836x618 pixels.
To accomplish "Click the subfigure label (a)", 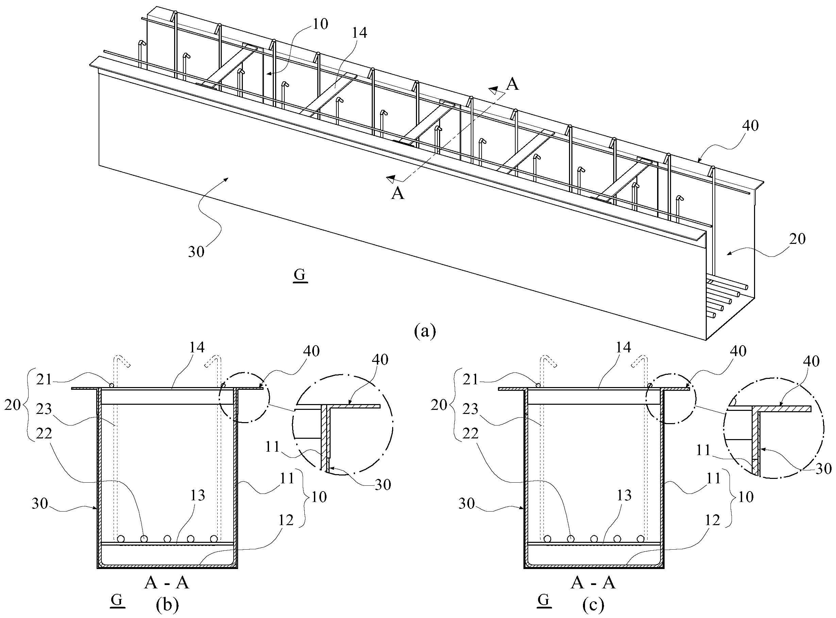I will (x=425, y=331).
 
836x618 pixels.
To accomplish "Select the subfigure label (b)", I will (x=167, y=604).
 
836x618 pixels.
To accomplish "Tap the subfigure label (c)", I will (x=593, y=604).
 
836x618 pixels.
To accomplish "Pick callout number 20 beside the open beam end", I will (x=797, y=239).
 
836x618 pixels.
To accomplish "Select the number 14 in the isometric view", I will (x=358, y=33).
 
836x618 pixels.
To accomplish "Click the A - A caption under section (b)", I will (x=167, y=583).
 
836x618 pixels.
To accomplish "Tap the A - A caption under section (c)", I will (x=593, y=583).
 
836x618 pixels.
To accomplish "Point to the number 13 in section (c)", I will (x=623, y=496).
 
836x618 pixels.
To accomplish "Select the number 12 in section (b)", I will (x=286, y=520).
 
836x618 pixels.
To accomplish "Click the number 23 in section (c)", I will (x=470, y=409).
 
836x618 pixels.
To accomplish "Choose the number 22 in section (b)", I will (x=44, y=434).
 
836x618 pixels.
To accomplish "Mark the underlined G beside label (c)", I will (x=544, y=600).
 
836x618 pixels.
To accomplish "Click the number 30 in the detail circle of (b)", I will (x=383, y=485).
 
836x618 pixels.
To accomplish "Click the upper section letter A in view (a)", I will (x=512, y=85).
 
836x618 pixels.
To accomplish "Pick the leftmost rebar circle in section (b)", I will (x=121, y=539).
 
